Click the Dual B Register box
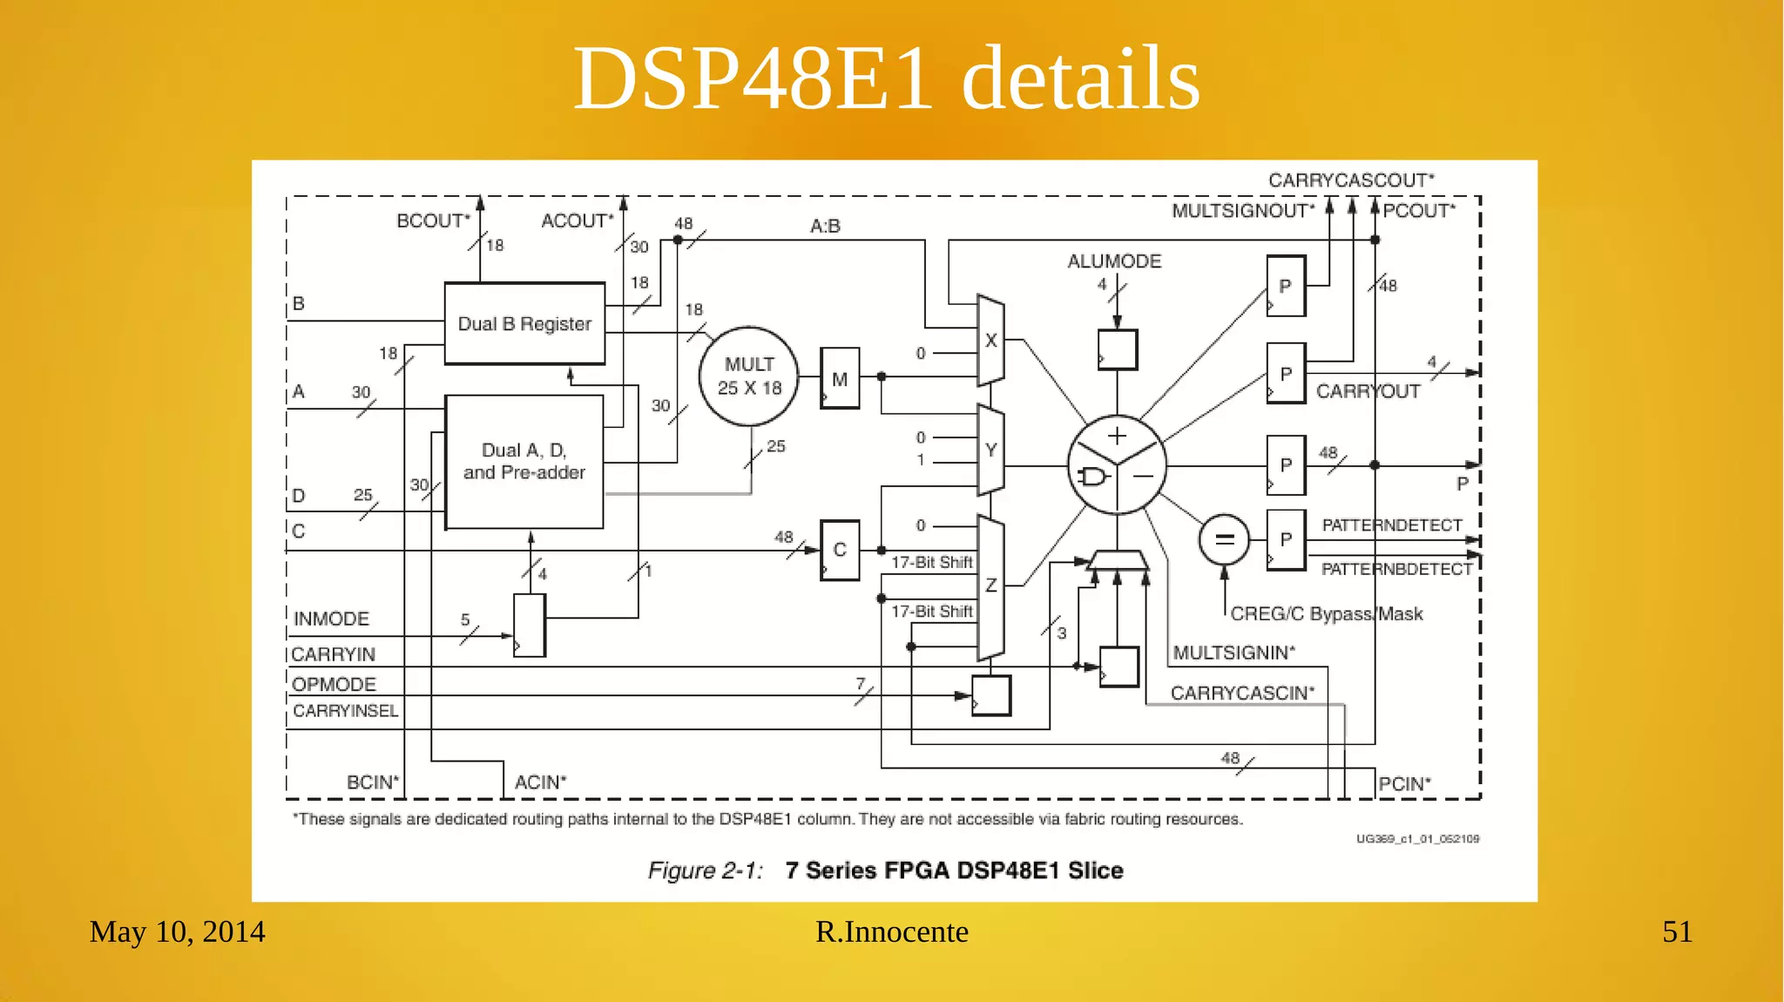[x=524, y=323]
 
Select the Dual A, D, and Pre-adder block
[x=524, y=462]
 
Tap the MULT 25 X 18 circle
[x=749, y=376]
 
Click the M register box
[x=840, y=379]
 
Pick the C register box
[x=840, y=550]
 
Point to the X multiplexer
[x=990, y=341]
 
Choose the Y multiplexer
[x=990, y=450]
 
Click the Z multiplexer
[x=990, y=586]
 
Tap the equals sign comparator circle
[x=1224, y=540]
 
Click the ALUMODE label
[x=1114, y=261]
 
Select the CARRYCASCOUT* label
[x=1350, y=180]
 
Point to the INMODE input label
[x=331, y=619]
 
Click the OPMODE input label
[x=334, y=684]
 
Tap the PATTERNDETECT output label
[x=1391, y=525]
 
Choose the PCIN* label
[x=1404, y=783]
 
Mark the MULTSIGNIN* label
[x=1233, y=653]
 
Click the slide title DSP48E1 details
[x=887, y=78]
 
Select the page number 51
[x=1677, y=931]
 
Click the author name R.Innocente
[x=891, y=931]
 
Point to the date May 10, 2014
[x=177, y=931]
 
